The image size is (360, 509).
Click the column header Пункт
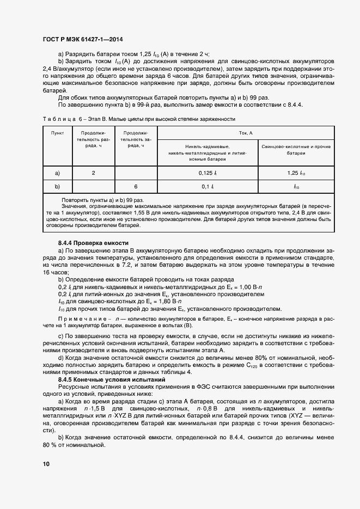tap(57, 133)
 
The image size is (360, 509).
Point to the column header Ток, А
tap(246, 132)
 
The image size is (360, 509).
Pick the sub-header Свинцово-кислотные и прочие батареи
tap(296, 150)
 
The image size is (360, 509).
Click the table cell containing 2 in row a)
tap(93, 173)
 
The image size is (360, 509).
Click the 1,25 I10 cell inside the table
tap(296, 173)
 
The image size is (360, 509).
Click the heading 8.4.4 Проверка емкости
tap(93, 242)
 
